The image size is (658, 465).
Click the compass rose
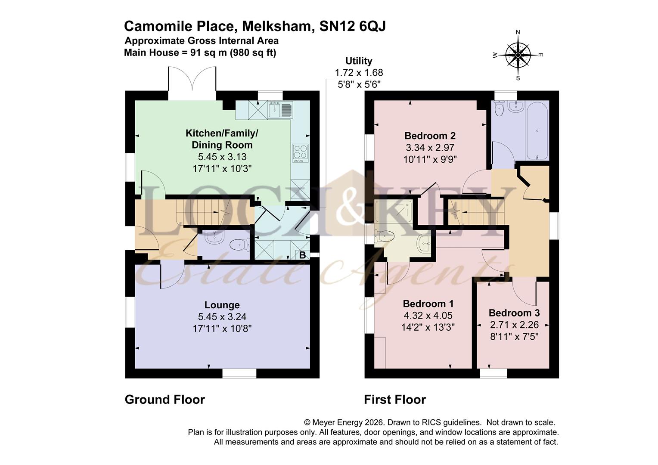[518, 55]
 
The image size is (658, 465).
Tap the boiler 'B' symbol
[302, 255]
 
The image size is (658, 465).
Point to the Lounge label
[222, 305]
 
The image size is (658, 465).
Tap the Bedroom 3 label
[514, 313]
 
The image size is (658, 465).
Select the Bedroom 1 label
[428, 304]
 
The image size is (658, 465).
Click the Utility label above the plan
[359, 61]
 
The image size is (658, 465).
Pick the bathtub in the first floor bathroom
[537, 130]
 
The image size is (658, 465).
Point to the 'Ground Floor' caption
[164, 400]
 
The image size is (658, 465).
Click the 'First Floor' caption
[394, 400]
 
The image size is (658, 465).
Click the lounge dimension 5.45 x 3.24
[222, 317]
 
